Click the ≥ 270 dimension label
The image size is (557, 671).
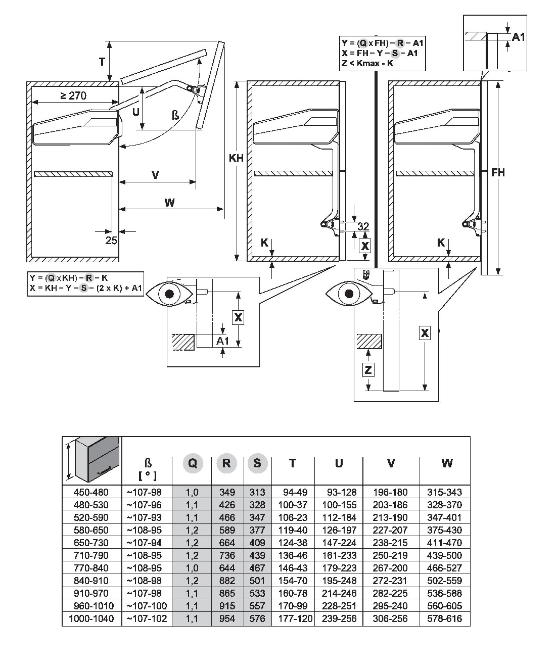(74, 95)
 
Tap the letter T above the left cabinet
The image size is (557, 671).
(102, 62)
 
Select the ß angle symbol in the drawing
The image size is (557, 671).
(175, 116)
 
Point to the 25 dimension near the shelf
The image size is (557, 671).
(111, 241)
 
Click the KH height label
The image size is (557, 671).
(236, 158)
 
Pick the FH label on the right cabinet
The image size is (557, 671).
(498, 173)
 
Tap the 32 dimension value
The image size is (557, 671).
(363, 226)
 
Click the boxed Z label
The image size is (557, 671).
(368, 370)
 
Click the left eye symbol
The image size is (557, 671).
(169, 294)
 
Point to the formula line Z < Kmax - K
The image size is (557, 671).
(367, 63)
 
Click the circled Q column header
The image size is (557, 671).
(192, 463)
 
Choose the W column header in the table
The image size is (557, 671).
(446, 463)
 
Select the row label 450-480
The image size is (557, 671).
(91, 492)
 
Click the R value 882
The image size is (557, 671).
(227, 581)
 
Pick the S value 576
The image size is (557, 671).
(257, 618)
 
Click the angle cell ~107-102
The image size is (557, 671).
(147, 618)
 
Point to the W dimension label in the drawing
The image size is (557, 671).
(170, 203)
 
